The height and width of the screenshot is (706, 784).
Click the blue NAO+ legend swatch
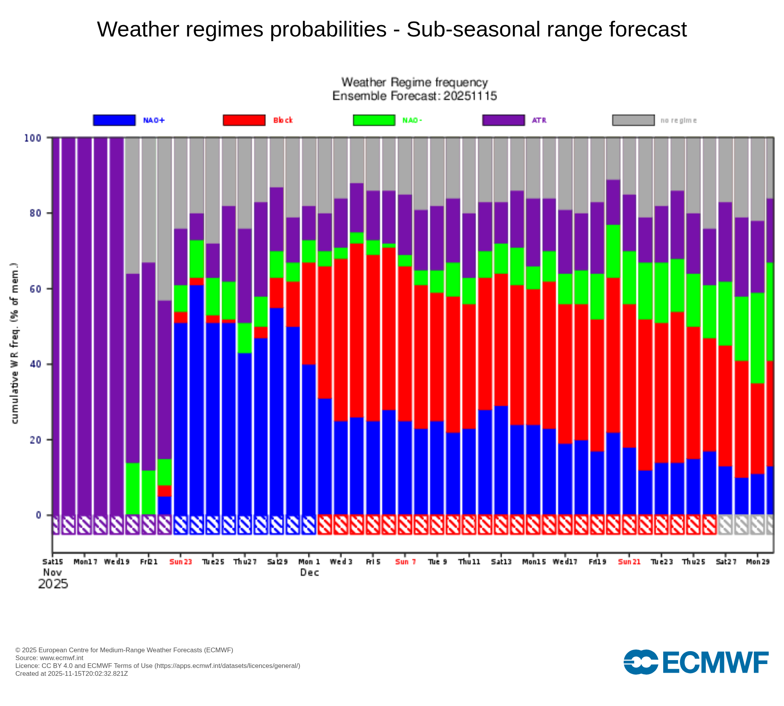[114, 120]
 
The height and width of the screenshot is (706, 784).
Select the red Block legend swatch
[244, 120]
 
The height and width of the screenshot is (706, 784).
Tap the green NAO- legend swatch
[374, 120]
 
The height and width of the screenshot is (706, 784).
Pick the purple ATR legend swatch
[503, 120]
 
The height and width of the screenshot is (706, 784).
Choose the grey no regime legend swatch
[633, 120]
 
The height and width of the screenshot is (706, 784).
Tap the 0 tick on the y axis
[38, 515]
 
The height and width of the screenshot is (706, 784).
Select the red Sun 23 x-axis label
[180, 562]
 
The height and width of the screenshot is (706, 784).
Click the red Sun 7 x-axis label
[405, 562]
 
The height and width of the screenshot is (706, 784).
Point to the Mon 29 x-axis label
[757, 562]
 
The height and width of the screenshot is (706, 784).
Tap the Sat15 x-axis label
[53, 562]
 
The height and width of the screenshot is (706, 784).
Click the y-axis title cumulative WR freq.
[15, 343]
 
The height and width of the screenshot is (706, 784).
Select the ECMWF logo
[696, 662]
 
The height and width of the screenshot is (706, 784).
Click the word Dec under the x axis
[309, 572]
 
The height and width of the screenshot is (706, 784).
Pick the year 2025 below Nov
[53, 584]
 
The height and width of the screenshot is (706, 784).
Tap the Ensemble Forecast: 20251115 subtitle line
[414, 96]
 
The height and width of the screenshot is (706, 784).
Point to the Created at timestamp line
[71, 673]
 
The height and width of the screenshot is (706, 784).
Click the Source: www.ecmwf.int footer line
[49, 658]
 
